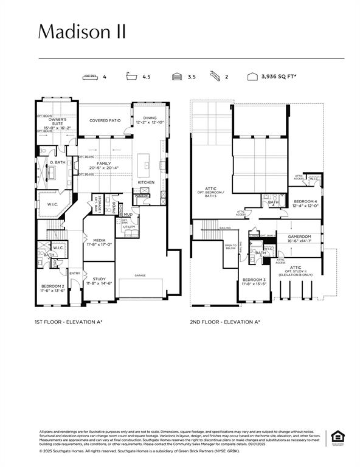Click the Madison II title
coord(82,32)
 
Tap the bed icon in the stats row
coord(91,77)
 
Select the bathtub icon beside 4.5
coord(131,77)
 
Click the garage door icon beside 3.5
coord(177,77)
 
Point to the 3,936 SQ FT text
coord(279,77)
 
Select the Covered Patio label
coord(105,120)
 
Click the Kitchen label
coord(147,182)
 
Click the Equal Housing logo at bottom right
coord(336,437)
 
